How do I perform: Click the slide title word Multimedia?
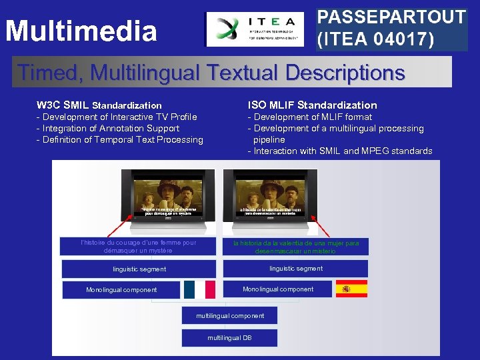coord(81,31)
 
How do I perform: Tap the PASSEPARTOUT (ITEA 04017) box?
coord(391,29)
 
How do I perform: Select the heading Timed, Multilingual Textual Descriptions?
coord(211,72)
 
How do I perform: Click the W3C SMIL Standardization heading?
coord(99,105)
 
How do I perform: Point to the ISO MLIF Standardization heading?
coord(312,105)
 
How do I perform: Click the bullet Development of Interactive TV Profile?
coord(117,117)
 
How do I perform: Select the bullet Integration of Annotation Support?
coord(108,129)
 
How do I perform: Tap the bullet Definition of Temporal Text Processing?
coord(120,140)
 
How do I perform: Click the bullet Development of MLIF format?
coord(310,117)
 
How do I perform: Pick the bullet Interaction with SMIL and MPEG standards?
coord(340,151)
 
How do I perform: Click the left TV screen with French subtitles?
coord(167,193)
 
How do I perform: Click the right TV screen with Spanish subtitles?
coord(270,193)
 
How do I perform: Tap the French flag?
coord(199,289)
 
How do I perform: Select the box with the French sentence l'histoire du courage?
coord(138,247)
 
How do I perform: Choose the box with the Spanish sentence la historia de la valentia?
coord(295,247)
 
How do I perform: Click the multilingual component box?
coord(230,315)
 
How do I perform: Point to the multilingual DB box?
coord(230,338)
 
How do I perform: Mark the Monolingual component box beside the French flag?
coord(121,290)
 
